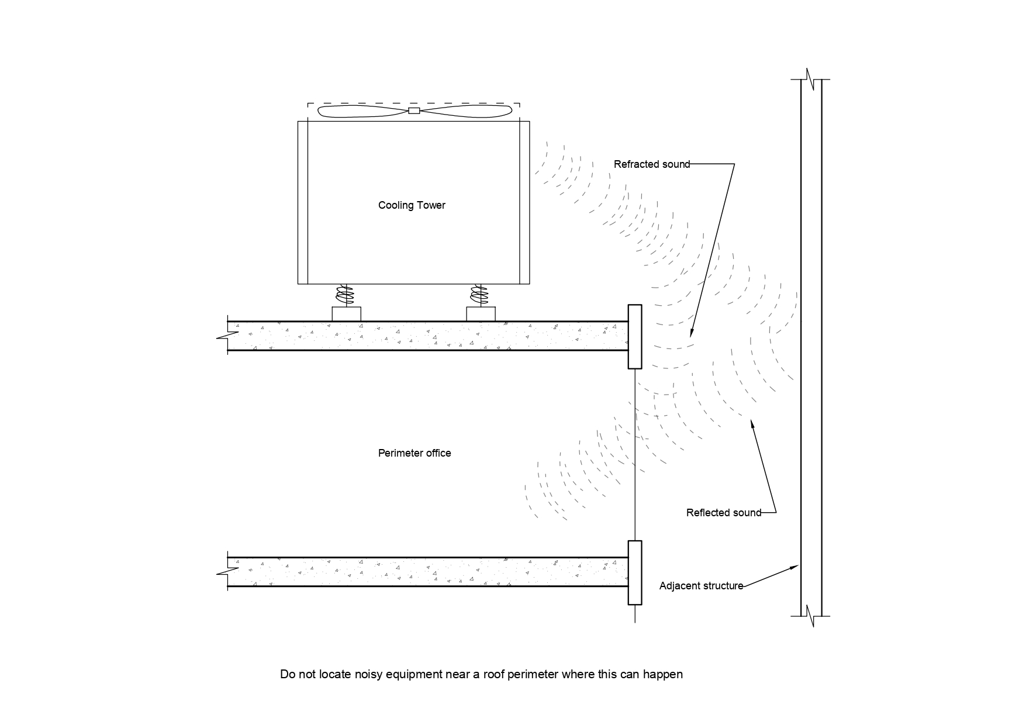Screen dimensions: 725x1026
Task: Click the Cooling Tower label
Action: [412, 205]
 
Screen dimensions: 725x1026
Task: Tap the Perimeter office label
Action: [414, 453]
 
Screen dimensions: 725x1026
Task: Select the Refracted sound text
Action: [652, 164]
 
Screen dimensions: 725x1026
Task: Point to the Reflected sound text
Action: [724, 513]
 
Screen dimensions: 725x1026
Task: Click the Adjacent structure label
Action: [701, 586]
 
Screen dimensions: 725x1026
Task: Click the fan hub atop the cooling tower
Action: [414, 111]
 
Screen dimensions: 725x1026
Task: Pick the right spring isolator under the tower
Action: [481, 295]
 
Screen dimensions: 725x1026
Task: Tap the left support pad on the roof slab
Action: [346, 314]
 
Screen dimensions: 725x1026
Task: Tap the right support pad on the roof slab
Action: [481, 314]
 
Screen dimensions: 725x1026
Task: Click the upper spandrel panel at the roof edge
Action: [635, 337]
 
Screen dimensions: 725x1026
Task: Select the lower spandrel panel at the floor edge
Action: [635, 572]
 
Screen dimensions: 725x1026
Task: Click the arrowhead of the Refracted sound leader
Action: [690, 335]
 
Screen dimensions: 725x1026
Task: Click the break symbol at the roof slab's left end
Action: [227, 336]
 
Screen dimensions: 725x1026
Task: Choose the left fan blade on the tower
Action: [362, 111]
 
